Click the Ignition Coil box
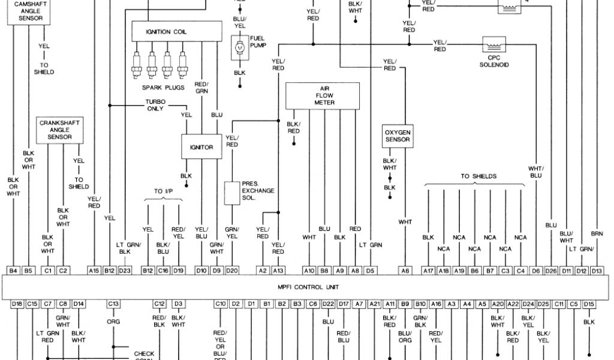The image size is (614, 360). coord(166,32)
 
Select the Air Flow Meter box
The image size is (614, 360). coord(324,95)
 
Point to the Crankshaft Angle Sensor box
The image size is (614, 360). coord(60,130)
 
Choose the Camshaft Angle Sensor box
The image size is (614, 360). coord(29,12)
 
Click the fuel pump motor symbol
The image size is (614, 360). coord(240,47)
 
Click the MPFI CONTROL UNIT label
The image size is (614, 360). coord(317,287)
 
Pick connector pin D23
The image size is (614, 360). coord(125,271)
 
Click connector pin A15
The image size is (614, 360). coord(94,271)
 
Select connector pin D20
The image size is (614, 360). coord(231,271)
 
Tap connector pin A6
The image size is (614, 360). coord(405,271)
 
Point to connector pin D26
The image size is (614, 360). coord(551,271)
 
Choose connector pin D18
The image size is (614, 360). coord(17,304)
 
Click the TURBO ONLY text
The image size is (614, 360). coord(155,106)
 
